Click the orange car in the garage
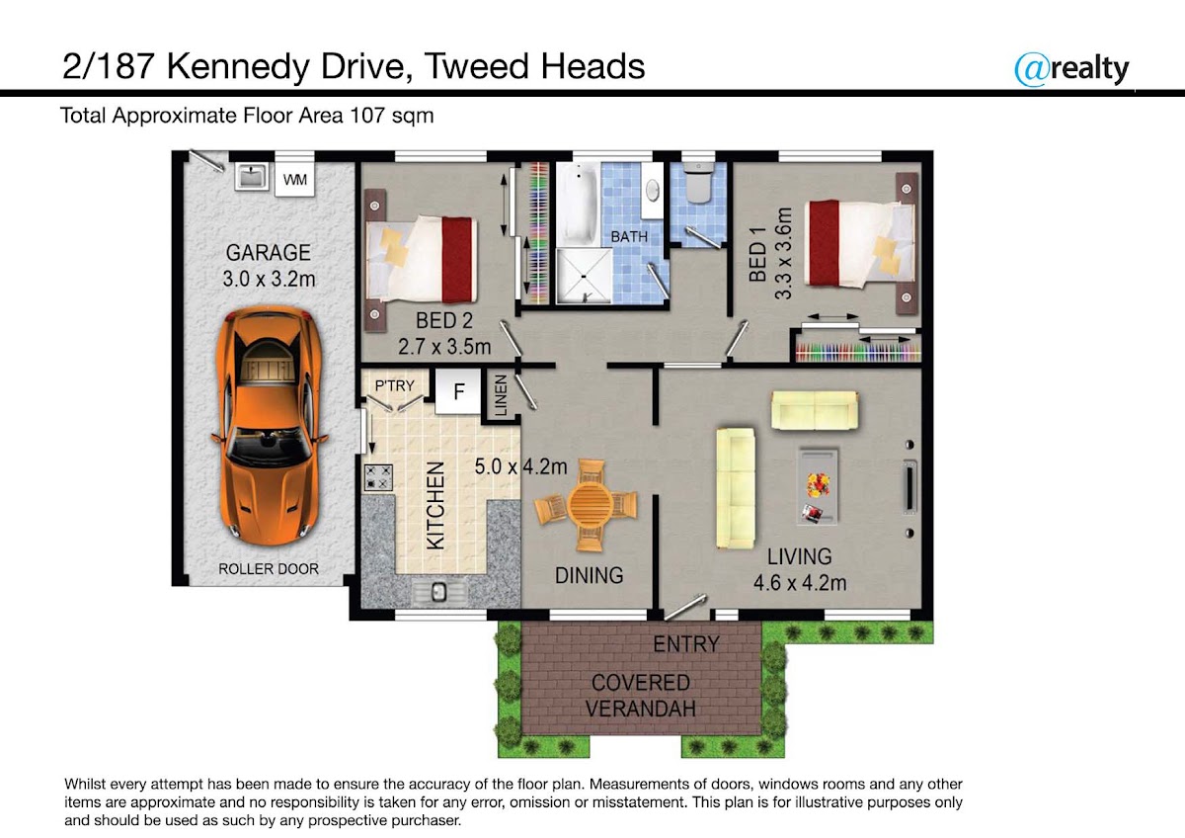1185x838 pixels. point(269,427)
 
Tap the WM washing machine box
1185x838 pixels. point(294,180)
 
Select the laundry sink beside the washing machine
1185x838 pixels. point(252,176)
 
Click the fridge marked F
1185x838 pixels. point(458,391)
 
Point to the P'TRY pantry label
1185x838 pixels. point(394,385)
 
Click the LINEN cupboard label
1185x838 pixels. point(501,395)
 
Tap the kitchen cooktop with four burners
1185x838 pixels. point(378,477)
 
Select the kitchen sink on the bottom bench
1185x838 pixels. point(438,591)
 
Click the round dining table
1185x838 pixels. point(586,504)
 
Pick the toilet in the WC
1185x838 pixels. point(698,183)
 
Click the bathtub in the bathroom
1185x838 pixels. point(578,205)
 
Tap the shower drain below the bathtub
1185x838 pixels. point(584,277)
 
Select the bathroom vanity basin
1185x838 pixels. point(654,190)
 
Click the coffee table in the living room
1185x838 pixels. point(818,487)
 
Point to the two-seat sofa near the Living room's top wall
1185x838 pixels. point(815,410)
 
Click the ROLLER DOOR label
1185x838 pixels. point(269,569)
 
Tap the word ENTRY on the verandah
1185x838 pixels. point(686,644)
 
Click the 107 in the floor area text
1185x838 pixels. point(367,116)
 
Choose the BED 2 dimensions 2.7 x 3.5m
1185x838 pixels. point(444,347)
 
